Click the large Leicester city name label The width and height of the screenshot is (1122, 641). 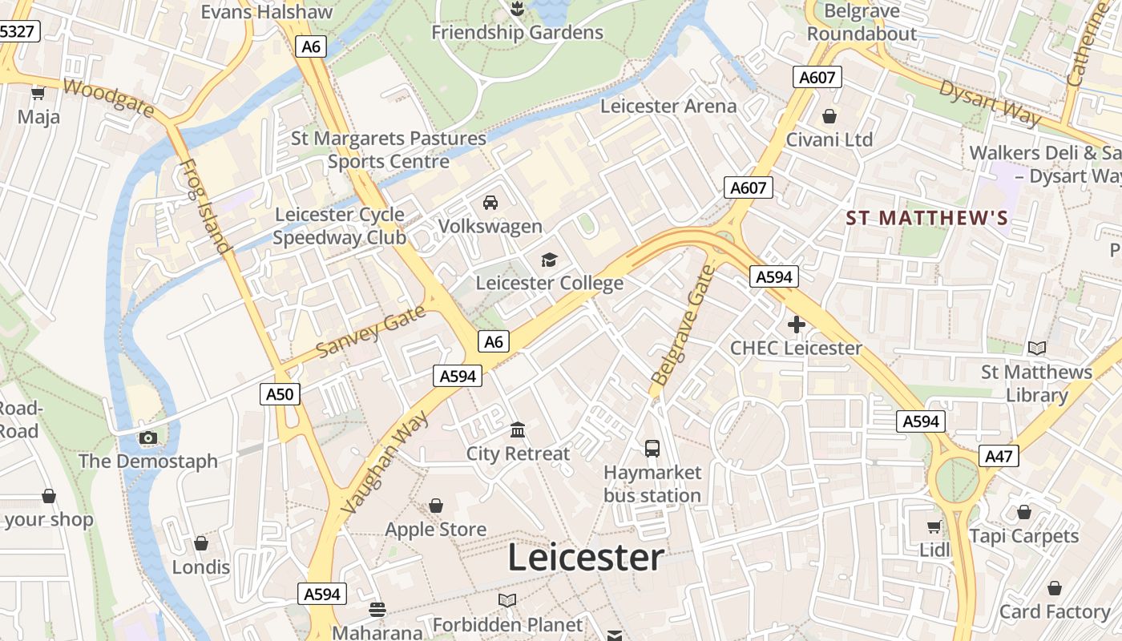[586, 558]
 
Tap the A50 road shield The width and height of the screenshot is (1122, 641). [280, 393]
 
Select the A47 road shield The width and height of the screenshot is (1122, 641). [999, 456]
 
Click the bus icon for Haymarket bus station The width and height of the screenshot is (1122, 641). [652, 448]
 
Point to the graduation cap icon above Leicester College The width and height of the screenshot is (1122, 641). [549, 260]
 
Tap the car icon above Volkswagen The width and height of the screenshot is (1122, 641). [490, 203]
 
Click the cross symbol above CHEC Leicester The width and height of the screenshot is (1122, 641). [796, 325]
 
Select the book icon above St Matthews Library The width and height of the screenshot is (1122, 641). [1037, 348]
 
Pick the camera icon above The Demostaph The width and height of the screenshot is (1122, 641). [148, 437]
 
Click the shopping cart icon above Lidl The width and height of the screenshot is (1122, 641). [934, 526]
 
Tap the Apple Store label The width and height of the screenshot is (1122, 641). [436, 530]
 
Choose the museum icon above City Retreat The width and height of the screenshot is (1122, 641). [518, 430]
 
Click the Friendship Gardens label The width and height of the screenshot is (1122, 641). [517, 33]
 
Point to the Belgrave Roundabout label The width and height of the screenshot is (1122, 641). [862, 22]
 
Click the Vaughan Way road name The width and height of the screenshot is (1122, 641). [385, 463]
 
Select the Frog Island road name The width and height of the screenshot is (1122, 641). [204, 207]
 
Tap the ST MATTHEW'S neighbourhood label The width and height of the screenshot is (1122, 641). [927, 218]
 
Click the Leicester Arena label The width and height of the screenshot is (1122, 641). [668, 106]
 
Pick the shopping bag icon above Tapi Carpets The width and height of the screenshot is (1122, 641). [1024, 512]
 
